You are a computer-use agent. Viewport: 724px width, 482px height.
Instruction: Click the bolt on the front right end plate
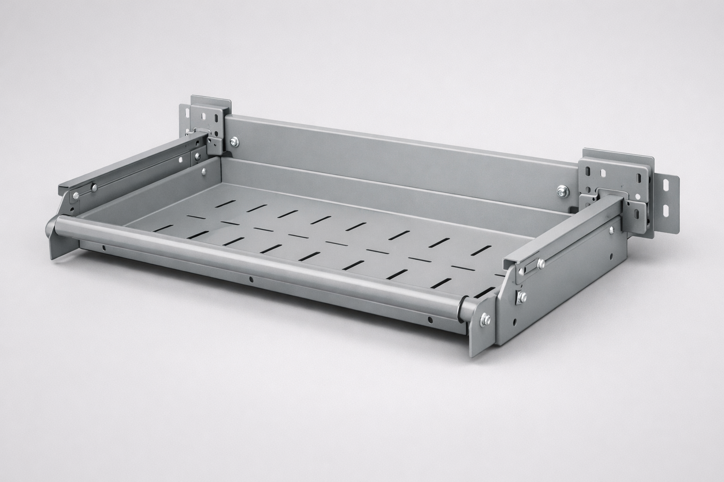484,322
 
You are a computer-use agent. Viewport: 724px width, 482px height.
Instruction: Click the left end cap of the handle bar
49,230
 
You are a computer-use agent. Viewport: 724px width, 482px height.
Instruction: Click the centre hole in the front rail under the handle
251,279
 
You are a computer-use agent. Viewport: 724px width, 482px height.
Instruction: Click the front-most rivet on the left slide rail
75,194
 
